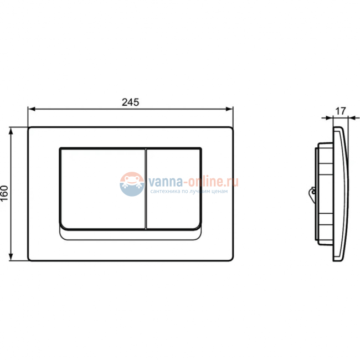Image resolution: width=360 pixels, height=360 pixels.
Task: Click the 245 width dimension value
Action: click(130, 101)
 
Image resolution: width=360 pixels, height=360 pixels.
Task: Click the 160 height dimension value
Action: click(5, 194)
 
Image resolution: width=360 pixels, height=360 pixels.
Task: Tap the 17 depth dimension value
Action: click(341, 111)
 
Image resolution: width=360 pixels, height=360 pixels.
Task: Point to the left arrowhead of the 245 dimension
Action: click(30, 109)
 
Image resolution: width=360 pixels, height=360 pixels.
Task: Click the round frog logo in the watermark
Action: click(131, 184)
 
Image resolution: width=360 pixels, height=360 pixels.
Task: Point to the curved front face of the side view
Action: click(344, 194)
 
